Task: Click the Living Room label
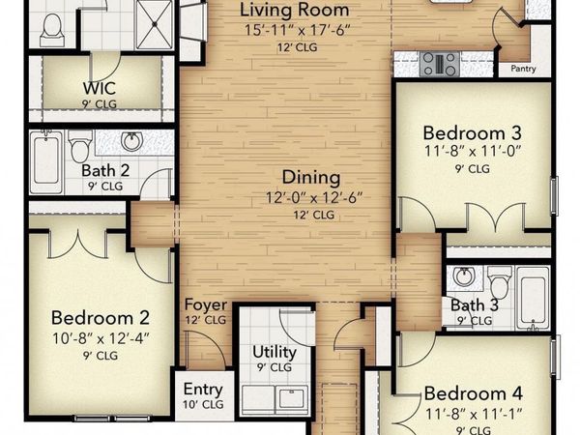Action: tap(295, 10)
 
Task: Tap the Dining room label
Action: tap(311, 177)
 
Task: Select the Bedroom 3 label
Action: tap(473, 133)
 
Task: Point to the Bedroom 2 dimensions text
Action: tap(101, 338)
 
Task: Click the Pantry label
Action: tap(523, 69)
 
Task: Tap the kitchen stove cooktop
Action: tap(440, 64)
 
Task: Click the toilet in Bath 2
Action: tap(80, 146)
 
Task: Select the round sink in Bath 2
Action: tap(131, 141)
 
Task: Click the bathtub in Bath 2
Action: tap(46, 161)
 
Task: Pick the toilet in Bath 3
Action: tap(500, 282)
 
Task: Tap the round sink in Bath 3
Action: tap(463, 275)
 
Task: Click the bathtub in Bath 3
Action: tap(533, 298)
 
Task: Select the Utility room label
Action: tap(275, 352)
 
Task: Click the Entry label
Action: tap(203, 390)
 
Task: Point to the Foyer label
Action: tap(206, 304)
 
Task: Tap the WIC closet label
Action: tap(100, 88)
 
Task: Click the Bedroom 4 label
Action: tap(473, 393)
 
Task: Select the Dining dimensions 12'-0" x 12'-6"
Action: tap(314, 198)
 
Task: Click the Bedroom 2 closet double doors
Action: tap(78, 244)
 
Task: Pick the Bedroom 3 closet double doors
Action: tap(495, 217)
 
